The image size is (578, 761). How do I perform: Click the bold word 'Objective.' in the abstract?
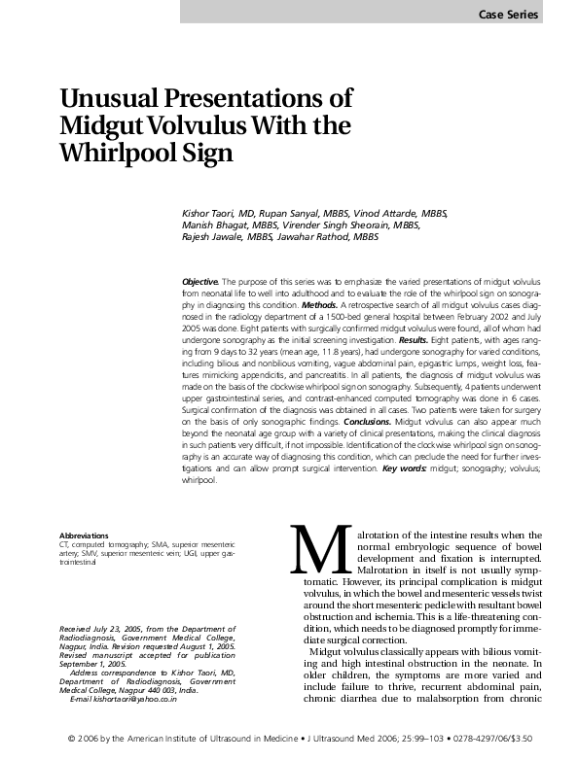pos(200,280)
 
